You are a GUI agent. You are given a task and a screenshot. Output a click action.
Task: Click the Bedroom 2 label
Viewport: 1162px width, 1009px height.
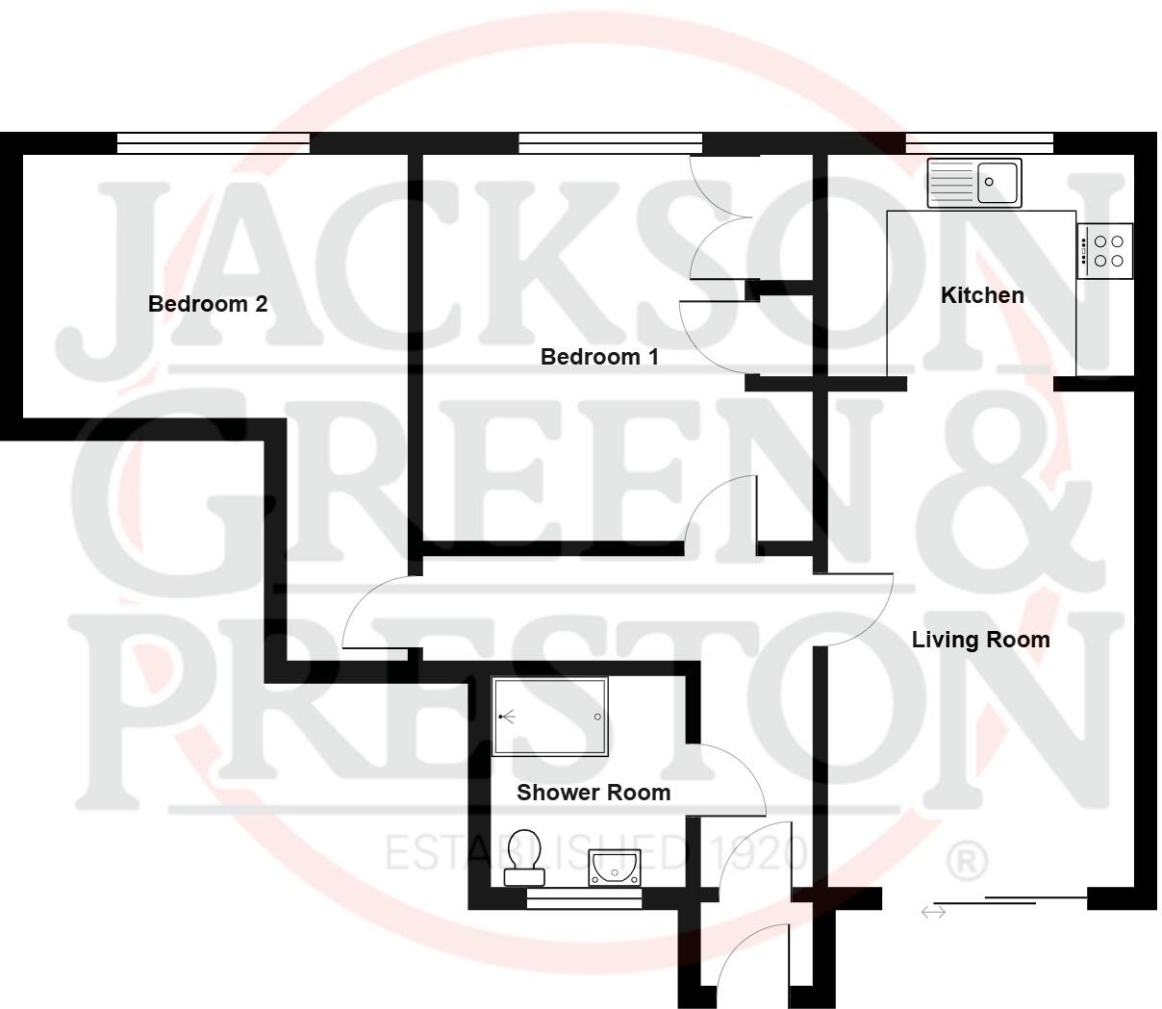click(208, 304)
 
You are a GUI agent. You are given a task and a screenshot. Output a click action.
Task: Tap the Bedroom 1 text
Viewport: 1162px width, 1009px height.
click(599, 357)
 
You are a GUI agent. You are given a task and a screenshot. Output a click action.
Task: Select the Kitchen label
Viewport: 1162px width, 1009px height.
click(982, 295)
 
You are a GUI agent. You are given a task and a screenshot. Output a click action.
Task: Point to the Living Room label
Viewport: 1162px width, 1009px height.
click(980, 640)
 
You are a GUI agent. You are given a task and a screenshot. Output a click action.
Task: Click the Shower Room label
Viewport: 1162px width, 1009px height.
click(594, 793)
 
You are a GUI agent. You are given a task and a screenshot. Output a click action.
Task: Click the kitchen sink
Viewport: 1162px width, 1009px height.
click(974, 182)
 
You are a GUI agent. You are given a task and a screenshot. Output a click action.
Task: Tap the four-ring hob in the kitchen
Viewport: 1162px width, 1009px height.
click(1104, 251)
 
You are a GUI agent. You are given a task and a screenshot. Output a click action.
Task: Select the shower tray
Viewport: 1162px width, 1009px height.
click(550, 717)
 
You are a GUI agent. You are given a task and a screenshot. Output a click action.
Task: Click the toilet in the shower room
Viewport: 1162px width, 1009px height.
click(524, 858)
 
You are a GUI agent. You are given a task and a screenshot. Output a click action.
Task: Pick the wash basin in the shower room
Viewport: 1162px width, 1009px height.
click(614, 868)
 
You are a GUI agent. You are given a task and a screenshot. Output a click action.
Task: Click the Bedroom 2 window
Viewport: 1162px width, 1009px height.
click(214, 143)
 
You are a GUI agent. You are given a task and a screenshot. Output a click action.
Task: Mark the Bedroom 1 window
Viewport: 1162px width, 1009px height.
click(611, 143)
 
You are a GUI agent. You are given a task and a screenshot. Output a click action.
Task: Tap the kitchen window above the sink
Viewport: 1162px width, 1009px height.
click(979, 143)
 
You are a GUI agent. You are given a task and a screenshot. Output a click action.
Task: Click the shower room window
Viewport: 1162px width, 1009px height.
click(585, 898)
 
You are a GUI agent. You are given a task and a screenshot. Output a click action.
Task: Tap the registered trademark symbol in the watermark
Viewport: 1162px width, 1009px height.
click(968, 862)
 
